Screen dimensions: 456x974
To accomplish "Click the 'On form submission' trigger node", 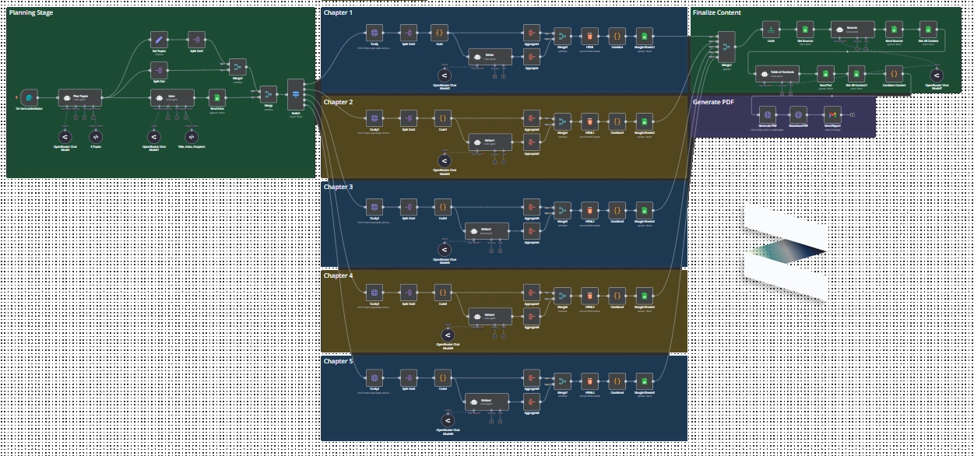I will [x=29, y=97].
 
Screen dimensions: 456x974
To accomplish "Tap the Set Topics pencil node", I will [x=158, y=40].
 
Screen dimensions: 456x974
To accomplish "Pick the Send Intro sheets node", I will [x=218, y=97].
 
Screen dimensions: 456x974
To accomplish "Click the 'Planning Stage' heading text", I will [x=31, y=13].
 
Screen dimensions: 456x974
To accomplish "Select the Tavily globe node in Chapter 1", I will [x=374, y=33].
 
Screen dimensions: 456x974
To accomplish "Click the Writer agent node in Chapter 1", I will [x=490, y=56].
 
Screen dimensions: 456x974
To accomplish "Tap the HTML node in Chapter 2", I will [x=589, y=121].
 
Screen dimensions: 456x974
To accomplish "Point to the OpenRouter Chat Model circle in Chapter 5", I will [x=447, y=421].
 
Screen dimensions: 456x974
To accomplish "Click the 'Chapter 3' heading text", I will [x=338, y=188].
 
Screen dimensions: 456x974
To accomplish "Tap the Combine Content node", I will [x=894, y=74].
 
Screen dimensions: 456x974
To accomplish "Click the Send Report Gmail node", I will [x=832, y=114].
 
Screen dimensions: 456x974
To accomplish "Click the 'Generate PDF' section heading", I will [x=713, y=102].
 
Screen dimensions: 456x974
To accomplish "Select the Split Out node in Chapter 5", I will [x=408, y=379].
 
